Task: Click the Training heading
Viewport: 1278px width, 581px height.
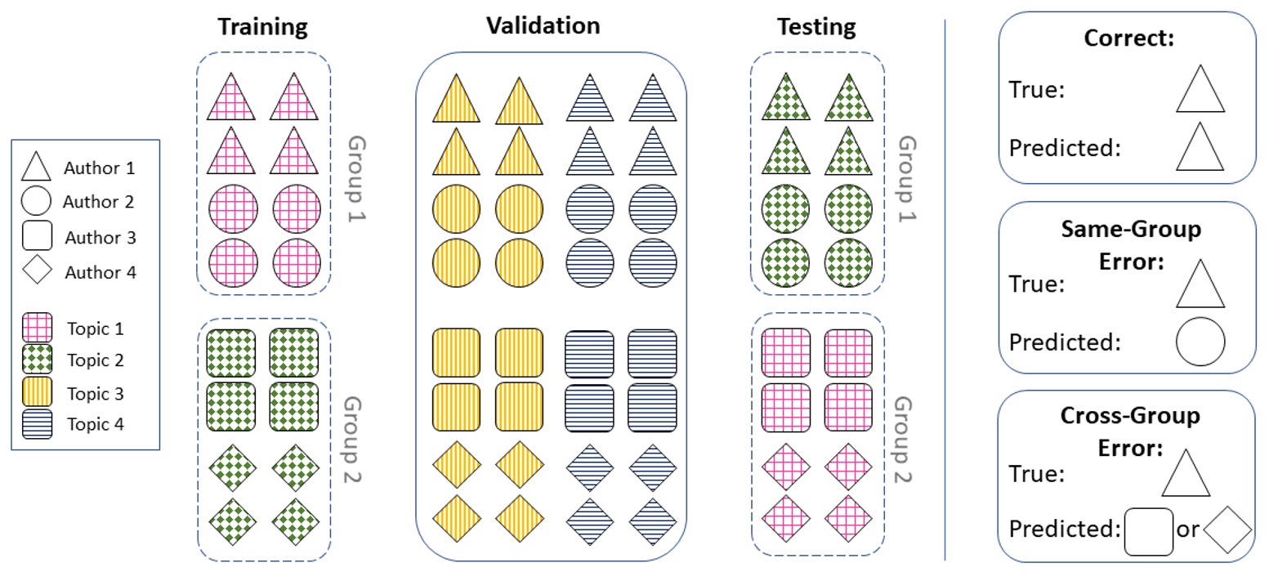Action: point(262,27)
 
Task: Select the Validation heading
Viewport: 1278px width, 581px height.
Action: point(543,25)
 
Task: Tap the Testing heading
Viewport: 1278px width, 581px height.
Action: point(816,27)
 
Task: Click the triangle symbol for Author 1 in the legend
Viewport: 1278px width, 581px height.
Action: point(36,168)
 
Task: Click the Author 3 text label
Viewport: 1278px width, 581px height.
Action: point(100,238)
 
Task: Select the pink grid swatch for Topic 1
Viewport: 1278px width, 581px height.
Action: point(37,328)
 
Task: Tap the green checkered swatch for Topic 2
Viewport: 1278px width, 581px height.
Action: point(37,360)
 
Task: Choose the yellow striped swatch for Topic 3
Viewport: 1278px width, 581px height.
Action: point(37,393)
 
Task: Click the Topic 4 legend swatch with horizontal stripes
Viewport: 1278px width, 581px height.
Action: point(37,424)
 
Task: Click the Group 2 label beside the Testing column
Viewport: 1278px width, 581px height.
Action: point(902,439)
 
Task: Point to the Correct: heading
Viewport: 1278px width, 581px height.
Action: point(1128,38)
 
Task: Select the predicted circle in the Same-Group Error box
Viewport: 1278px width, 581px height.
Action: point(1200,342)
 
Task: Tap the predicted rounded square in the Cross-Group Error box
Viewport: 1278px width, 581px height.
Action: point(1149,531)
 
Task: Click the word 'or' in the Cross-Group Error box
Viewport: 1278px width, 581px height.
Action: point(1187,530)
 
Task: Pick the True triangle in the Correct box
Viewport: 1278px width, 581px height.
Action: point(1200,90)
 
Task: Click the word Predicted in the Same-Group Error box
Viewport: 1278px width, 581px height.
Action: point(1063,342)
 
